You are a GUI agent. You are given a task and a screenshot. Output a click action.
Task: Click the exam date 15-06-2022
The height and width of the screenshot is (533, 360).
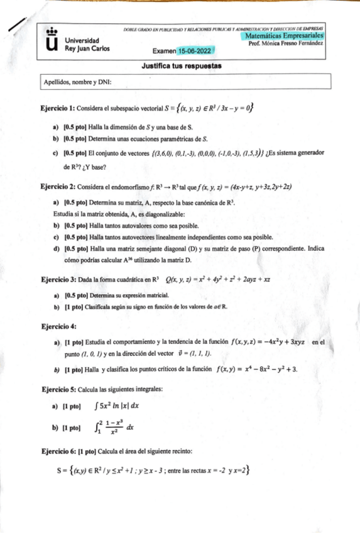(195, 51)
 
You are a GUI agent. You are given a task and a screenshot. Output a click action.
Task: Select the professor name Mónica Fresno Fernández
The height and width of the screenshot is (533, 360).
(286, 45)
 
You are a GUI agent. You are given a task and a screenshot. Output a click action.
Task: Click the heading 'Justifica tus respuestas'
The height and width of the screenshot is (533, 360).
(180, 66)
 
